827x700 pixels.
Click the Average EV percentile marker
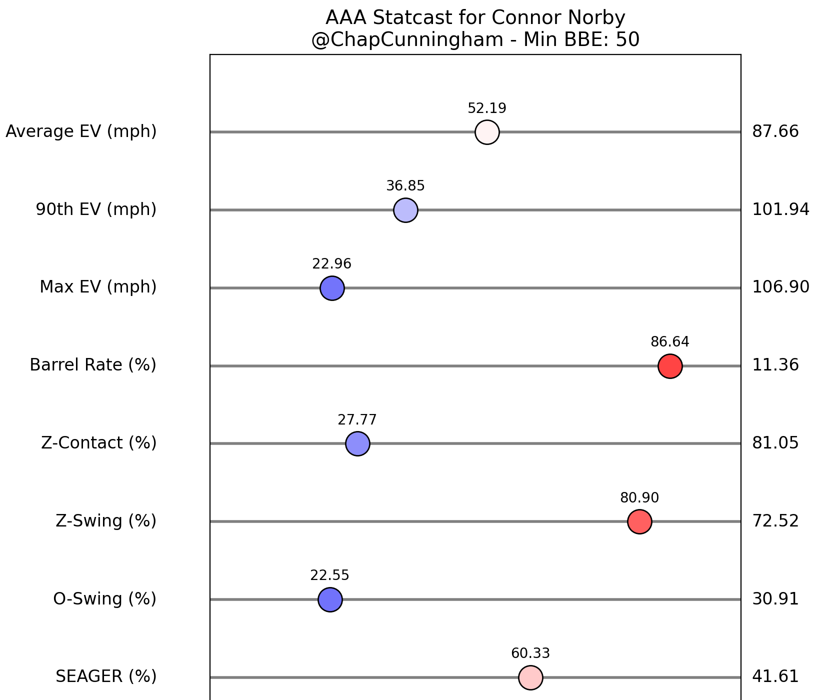[487, 132]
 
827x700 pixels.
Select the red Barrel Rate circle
[670, 366]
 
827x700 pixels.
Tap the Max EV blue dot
[332, 288]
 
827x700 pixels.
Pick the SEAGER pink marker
[530, 677]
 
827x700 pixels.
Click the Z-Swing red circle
[639, 521]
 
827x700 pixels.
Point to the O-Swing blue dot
[330, 599]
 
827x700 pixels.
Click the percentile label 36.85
[405, 186]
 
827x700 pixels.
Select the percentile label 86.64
[669, 342]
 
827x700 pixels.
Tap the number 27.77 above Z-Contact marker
[357, 420]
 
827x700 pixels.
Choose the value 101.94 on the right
[780, 209]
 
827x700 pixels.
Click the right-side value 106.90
[780, 287]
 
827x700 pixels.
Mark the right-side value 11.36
[775, 365]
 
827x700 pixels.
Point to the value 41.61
[775, 676]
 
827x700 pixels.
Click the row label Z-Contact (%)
[98, 443]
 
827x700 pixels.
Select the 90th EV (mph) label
[96, 209]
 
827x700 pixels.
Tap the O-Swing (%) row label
[104, 598]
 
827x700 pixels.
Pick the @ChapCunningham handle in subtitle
[406, 39]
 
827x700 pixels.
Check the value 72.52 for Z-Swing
[775, 521]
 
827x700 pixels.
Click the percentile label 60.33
[530, 653]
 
